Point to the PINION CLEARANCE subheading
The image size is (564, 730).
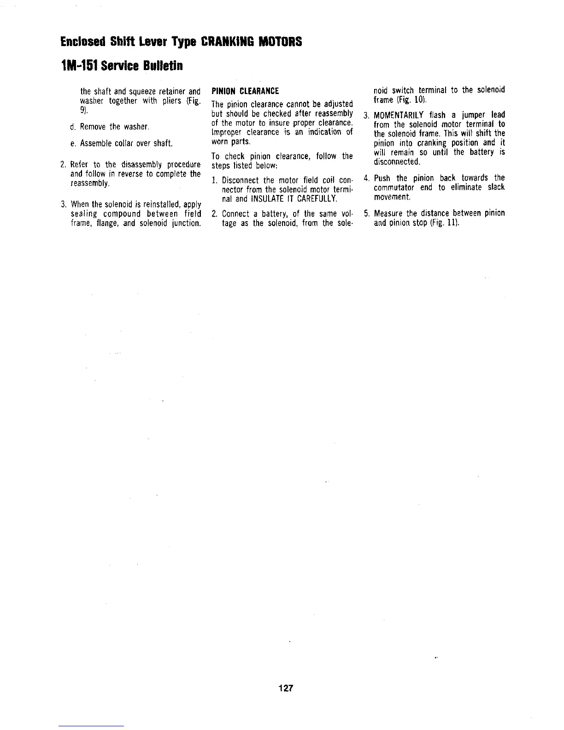point(245,90)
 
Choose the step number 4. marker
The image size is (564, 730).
point(366,178)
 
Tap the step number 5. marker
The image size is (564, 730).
point(366,213)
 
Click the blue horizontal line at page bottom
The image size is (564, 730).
point(92,726)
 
